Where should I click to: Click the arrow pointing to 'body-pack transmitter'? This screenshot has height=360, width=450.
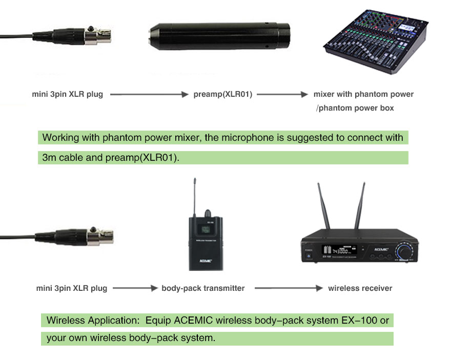[135, 288]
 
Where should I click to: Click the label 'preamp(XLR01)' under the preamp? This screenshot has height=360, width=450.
[223, 94]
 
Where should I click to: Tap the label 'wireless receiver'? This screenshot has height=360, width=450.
[360, 288]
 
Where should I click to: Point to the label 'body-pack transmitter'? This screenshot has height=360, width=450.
[203, 288]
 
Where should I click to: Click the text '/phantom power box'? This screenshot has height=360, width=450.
[355, 108]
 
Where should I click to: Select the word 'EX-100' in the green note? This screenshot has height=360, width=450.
[358, 321]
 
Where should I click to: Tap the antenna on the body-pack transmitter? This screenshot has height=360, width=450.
[195, 192]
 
